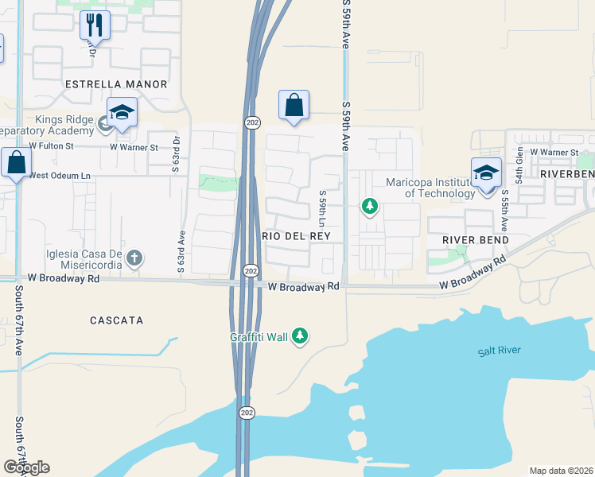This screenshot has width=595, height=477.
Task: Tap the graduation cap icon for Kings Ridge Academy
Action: [x=122, y=113]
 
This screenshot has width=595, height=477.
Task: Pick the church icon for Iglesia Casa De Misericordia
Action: [x=135, y=257]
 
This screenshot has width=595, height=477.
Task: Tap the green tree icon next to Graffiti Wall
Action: [x=300, y=337]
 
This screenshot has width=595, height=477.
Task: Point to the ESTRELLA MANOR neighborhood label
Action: [x=116, y=84]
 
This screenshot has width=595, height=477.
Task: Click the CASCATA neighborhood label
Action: [x=116, y=320]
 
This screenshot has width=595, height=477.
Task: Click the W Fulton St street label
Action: [x=51, y=146]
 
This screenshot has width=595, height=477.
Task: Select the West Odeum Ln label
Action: [x=60, y=176]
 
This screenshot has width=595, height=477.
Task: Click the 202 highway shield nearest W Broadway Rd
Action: [x=250, y=270]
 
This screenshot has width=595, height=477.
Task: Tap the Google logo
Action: [x=26, y=467]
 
